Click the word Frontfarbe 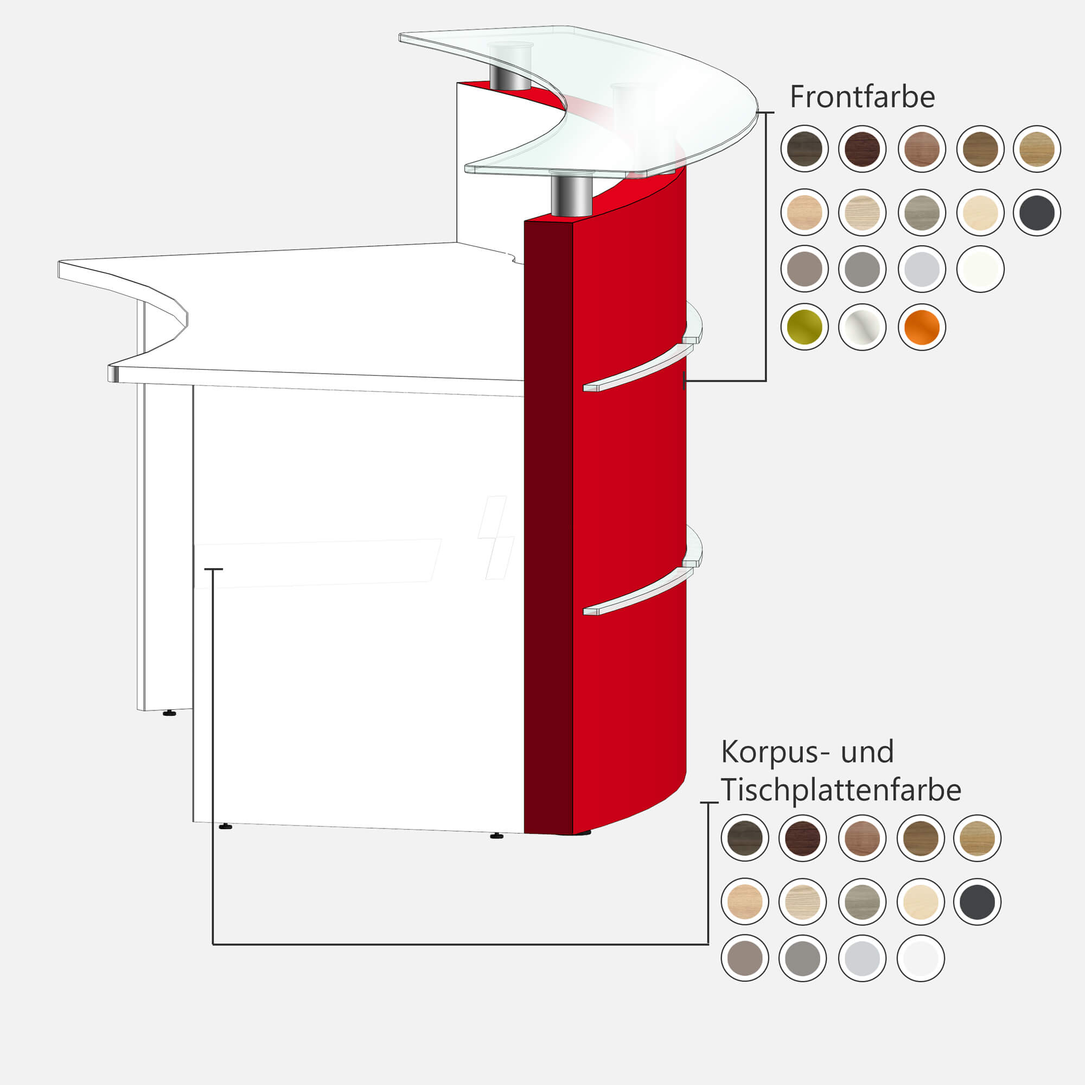coord(862,97)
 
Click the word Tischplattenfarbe coord(841,789)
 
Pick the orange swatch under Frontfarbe coord(922,327)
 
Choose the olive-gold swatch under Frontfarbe coord(804,327)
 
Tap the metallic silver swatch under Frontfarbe coord(862,327)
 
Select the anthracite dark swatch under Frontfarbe coord(1037,213)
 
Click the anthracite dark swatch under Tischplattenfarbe coord(977,902)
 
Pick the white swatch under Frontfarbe coord(980,269)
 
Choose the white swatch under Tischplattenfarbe coord(921,959)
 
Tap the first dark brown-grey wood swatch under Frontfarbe coord(804,149)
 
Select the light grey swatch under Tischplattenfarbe coord(862,959)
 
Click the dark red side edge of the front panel coord(548,528)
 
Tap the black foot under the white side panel coord(169,713)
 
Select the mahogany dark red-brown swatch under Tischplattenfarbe coord(802,838)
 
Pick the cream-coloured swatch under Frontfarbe coord(980,213)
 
